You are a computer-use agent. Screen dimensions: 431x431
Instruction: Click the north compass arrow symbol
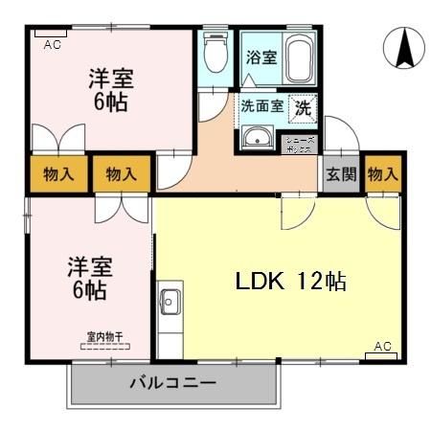pyautogui.click(x=402, y=48)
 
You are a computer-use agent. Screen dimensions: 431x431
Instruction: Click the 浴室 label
pyautogui.click(x=260, y=57)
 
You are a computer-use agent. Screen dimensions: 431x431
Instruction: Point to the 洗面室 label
pyautogui.click(x=261, y=107)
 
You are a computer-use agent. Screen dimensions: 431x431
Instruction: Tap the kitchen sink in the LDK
pyautogui.click(x=170, y=303)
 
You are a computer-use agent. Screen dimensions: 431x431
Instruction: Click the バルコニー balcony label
pyautogui.click(x=172, y=384)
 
